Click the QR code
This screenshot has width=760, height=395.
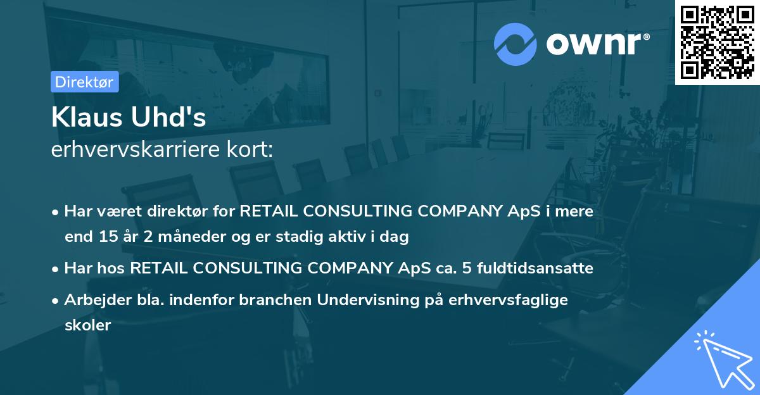coord(717,42)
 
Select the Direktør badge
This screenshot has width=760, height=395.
coord(84,82)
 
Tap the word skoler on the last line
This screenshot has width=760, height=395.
coord(87,325)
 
